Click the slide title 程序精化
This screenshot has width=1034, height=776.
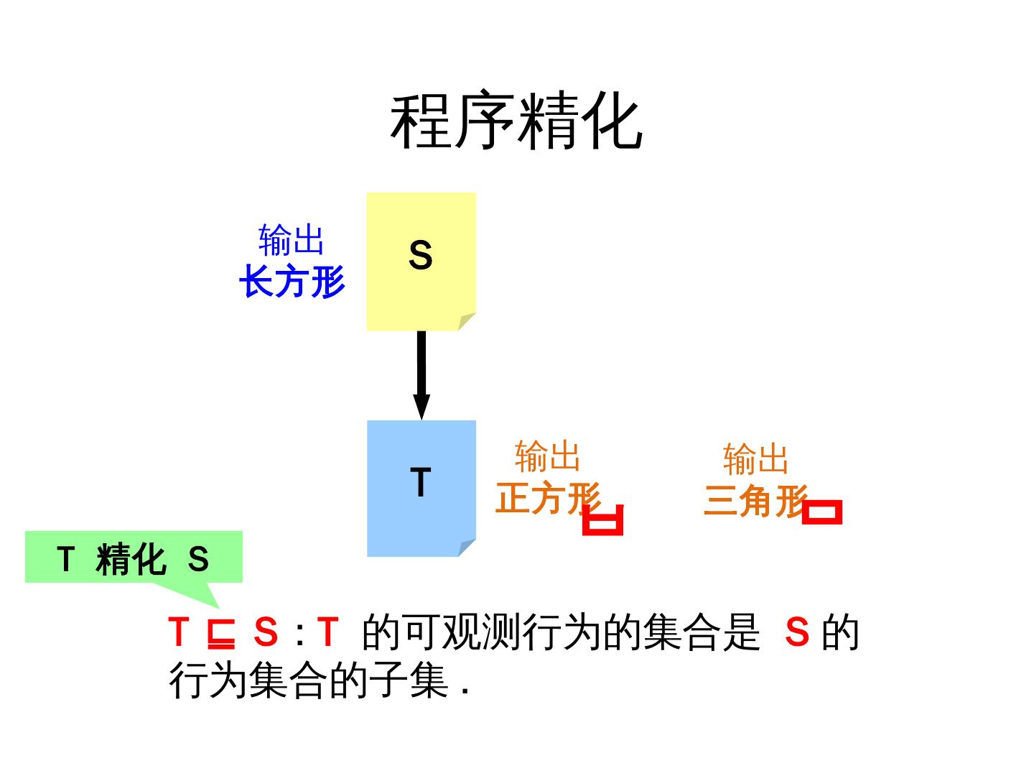point(516,122)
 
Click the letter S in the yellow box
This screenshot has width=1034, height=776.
point(421,255)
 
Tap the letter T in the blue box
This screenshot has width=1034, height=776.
point(421,482)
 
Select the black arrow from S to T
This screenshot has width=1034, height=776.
point(421,374)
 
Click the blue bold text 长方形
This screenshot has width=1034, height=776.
point(292,281)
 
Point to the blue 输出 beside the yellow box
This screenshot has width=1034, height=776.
point(292,239)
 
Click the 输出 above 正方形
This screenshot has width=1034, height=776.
point(547,456)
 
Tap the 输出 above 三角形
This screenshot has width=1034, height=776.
point(755,458)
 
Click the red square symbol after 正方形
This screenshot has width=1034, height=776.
point(603,520)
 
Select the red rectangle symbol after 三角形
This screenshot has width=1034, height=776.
point(822,512)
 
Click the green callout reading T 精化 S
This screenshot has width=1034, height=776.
point(134,558)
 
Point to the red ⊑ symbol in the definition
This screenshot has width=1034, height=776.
point(221,634)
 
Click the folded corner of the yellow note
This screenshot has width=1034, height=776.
point(467,321)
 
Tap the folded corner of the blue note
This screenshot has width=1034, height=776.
point(467,548)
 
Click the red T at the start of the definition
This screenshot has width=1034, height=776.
point(178,632)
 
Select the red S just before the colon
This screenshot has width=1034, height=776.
point(266,632)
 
